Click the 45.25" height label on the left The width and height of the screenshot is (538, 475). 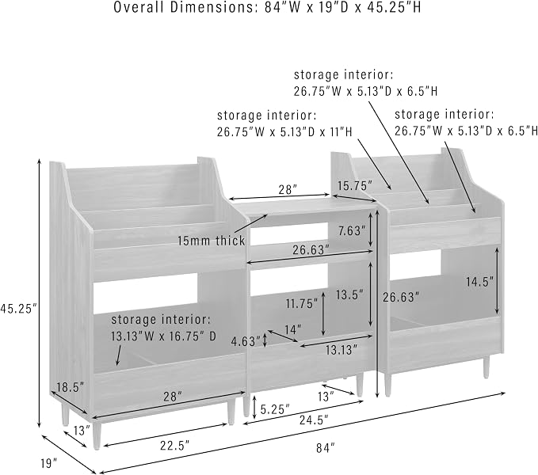[x=18, y=309]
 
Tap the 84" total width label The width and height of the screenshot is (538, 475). [x=325, y=447]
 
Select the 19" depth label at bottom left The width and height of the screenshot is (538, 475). [x=48, y=463]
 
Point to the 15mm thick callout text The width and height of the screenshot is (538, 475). [x=211, y=241]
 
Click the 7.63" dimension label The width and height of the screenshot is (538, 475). [x=349, y=231]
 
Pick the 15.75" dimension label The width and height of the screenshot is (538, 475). [x=354, y=186]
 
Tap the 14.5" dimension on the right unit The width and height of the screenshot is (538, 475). [x=479, y=282]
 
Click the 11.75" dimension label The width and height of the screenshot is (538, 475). [x=302, y=303]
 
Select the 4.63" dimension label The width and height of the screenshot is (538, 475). [x=246, y=341]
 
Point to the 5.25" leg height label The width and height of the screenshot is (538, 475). [x=275, y=409]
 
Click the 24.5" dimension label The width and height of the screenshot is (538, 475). [x=314, y=420]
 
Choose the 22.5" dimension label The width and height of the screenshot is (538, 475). [x=174, y=446]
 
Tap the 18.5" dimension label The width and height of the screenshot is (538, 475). [x=71, y=387]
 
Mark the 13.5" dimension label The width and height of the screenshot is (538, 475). [x=349, y=294]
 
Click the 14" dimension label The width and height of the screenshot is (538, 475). [x=293, y=329]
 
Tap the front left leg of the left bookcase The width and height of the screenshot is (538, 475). [x=97, y=435]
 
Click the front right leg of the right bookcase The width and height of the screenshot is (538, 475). [x=486, y=366]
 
